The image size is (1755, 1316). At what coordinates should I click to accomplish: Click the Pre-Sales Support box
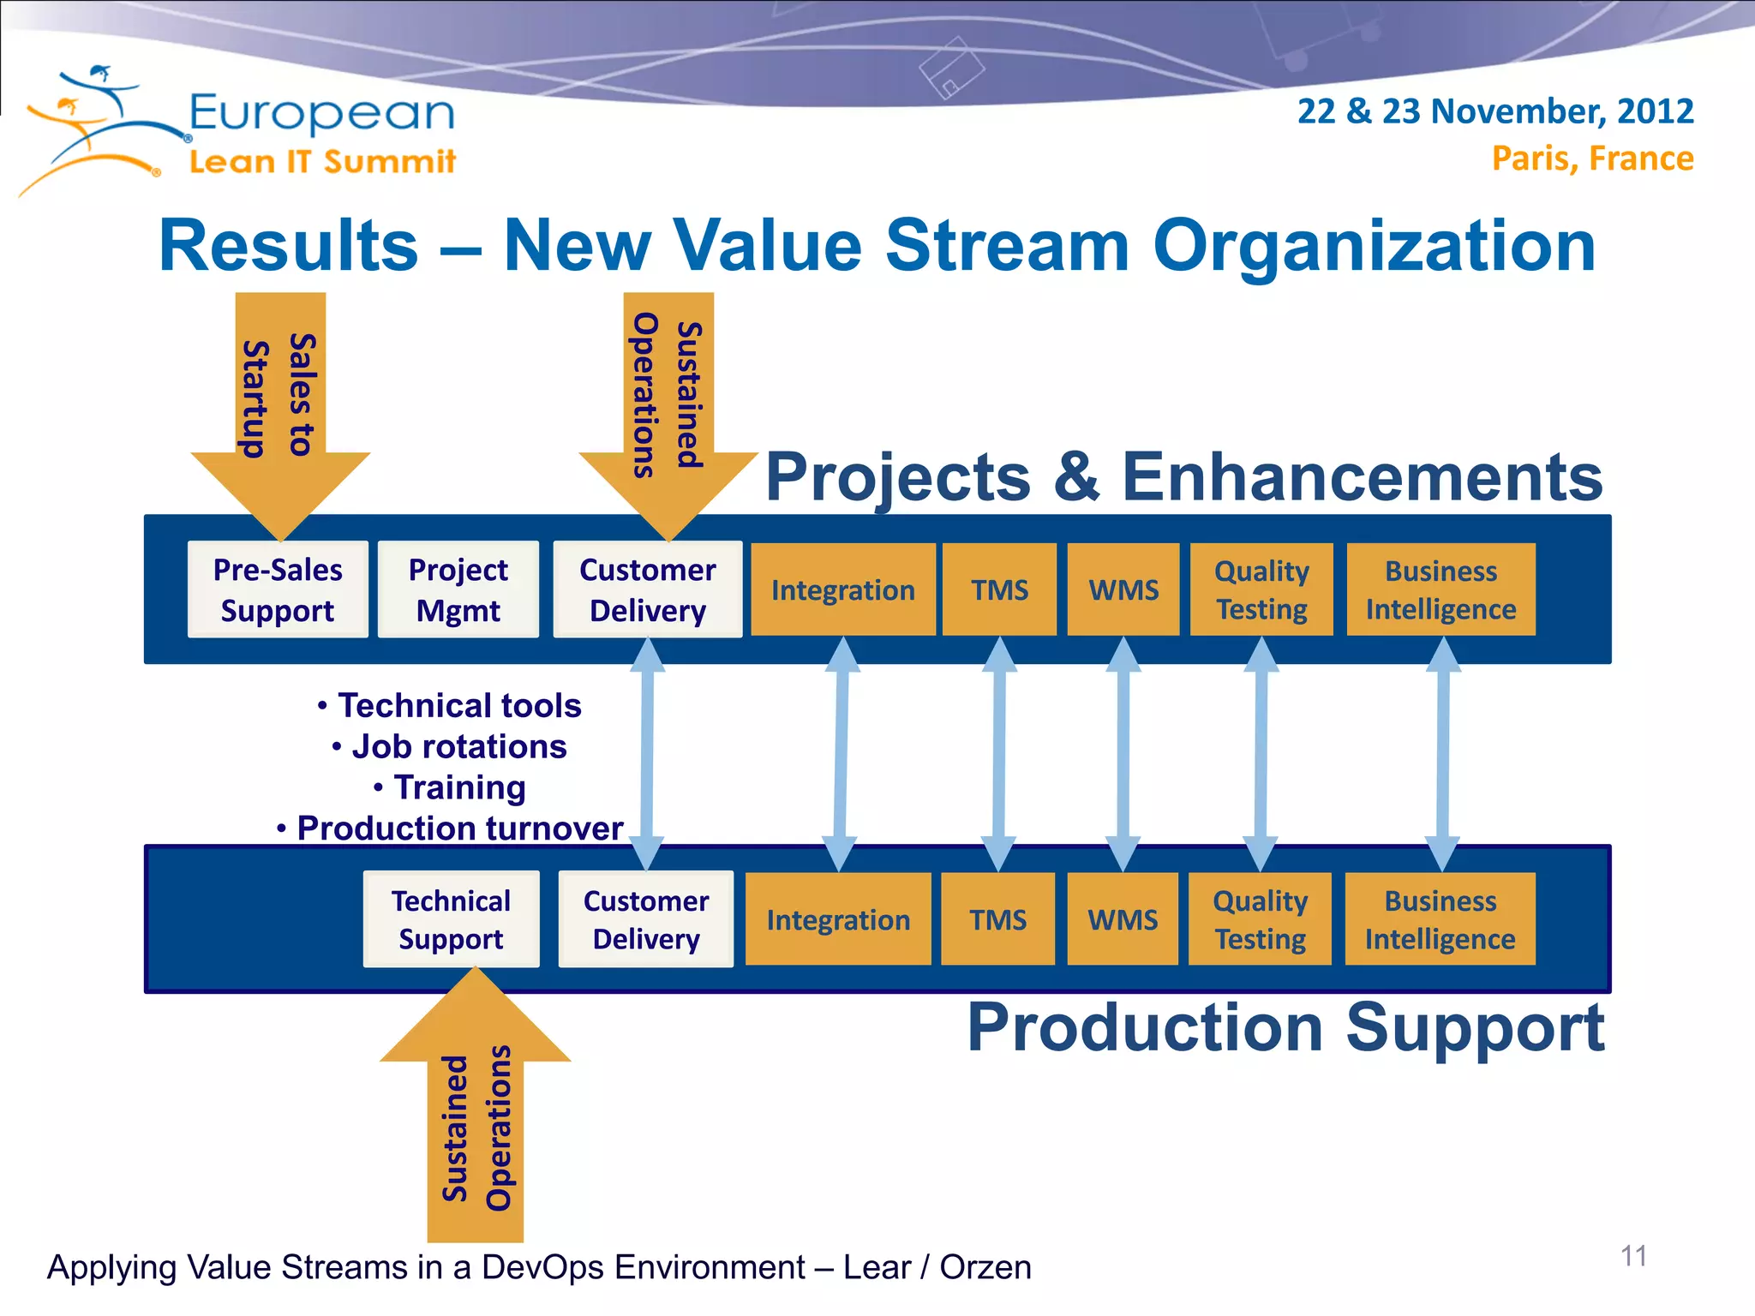(x=278, y=589)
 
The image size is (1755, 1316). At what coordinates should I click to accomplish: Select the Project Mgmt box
(x=458, y=589)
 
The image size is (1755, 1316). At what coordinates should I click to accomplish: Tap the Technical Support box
(x=451, y=919)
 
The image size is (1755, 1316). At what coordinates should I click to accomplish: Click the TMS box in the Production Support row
(x=997, y=919)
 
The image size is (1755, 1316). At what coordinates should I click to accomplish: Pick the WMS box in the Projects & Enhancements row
(x=1123, y=589)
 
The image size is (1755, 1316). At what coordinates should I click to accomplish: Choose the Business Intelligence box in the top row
(x=1441, y=589)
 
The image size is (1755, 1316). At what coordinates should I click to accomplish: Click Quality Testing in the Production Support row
(x=1260, y=919)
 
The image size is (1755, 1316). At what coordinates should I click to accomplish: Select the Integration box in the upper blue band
(x=843, y=589)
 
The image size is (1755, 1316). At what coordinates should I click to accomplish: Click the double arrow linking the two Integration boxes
(x=841, y=754)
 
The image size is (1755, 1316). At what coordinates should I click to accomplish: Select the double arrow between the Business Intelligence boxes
(x=1443, y=754)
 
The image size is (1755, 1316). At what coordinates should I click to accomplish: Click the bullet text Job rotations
(x=458, y=746)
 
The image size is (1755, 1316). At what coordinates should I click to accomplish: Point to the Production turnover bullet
(x=458, y=828)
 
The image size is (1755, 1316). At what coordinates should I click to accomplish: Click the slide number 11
(x=1633, y=1256)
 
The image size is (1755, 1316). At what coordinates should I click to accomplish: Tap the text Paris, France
(x=1592, y=159)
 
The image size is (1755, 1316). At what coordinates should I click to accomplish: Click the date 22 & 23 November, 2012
(x=1494, y=111)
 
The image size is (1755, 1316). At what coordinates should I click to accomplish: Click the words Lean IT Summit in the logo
(x=322, y=161)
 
